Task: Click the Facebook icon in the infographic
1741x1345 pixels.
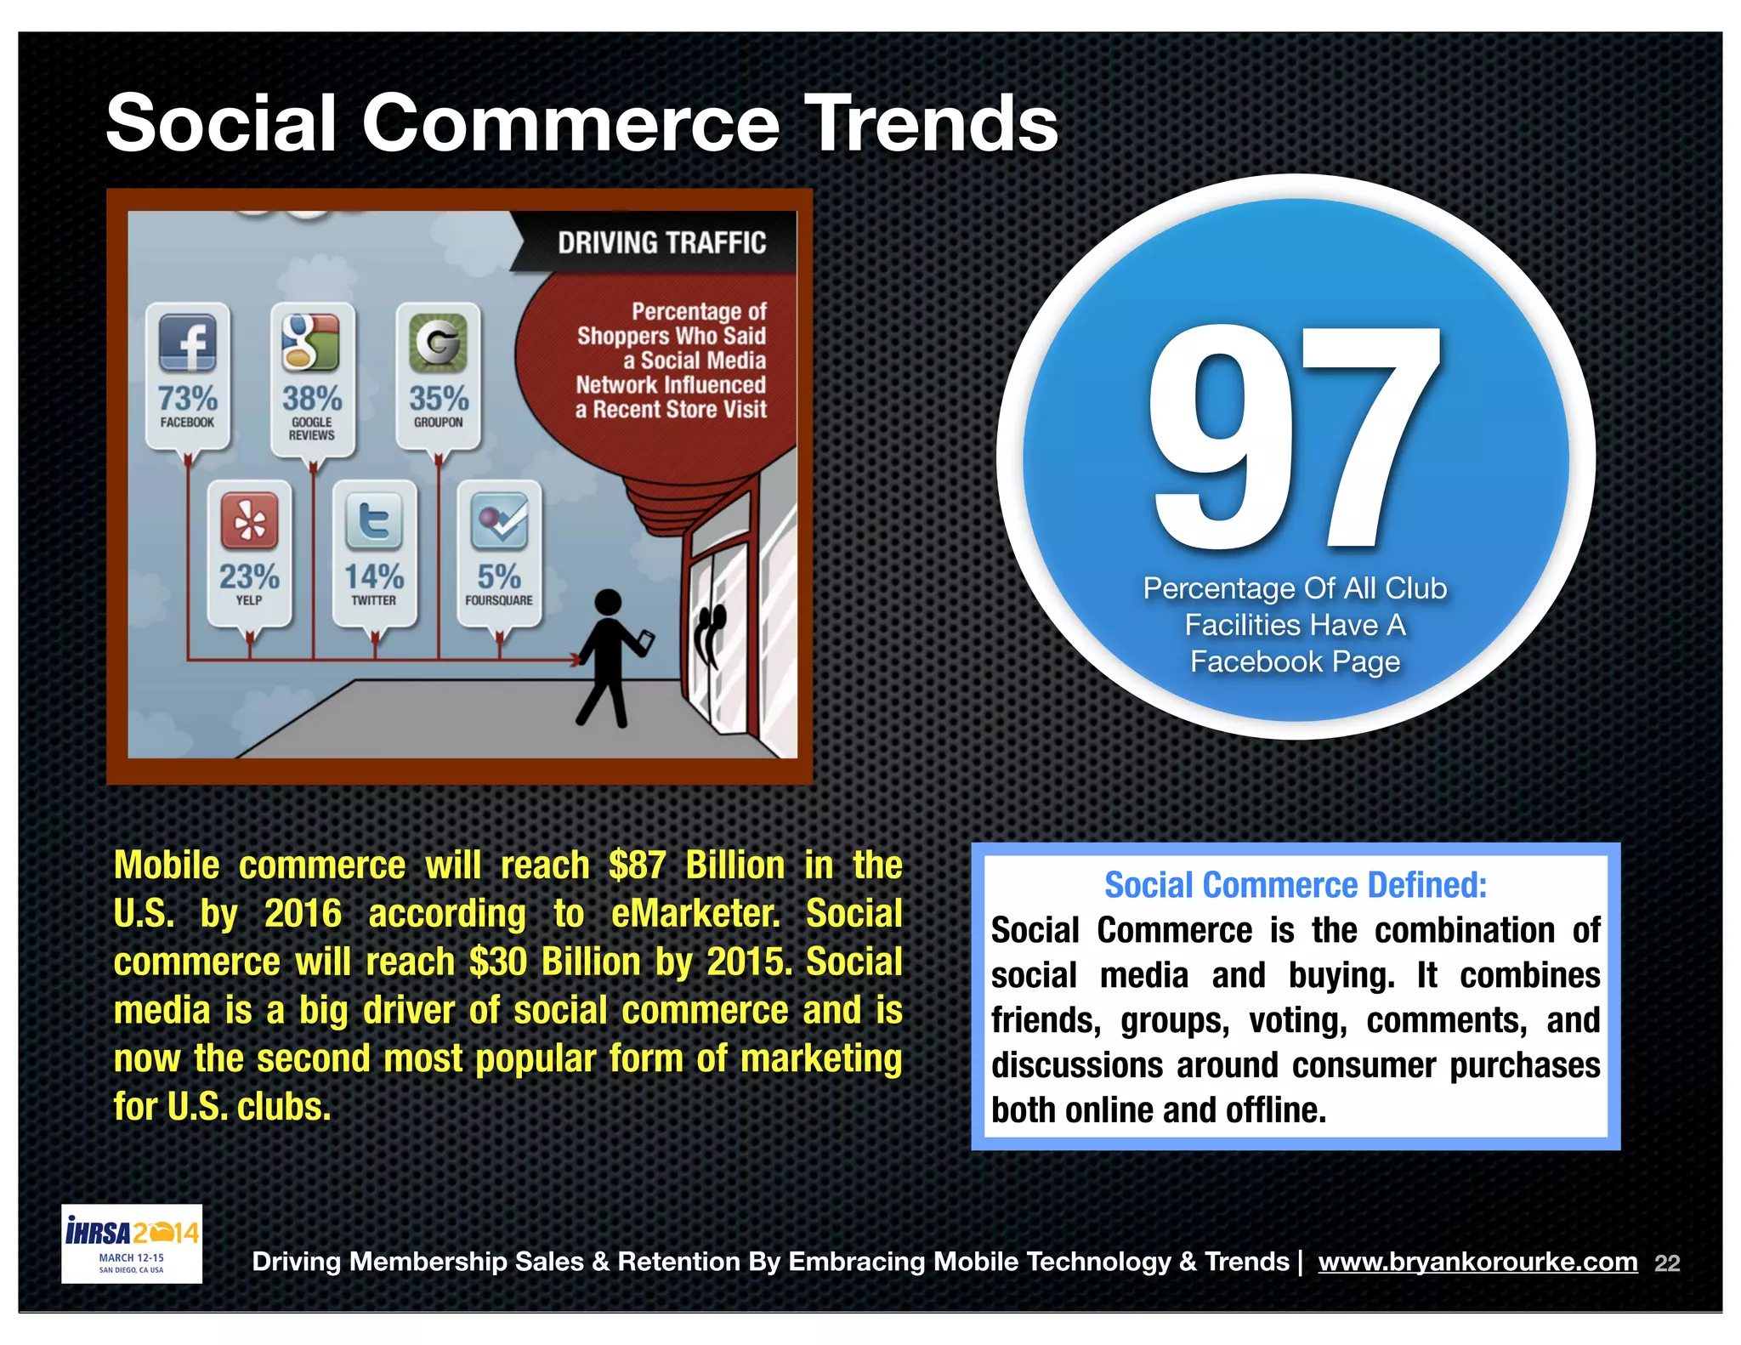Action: click(x=188, y=343)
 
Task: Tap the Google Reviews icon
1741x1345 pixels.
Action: click(x=311, y=342)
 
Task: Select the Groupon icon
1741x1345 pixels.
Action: click(x=438, y=343)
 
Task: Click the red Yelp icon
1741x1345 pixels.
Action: click(x=249, y=520)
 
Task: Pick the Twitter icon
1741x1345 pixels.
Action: click(x=374, y=520)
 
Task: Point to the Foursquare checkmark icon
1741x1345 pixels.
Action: click(x=499, y=520)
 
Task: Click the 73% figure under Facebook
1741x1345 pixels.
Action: click(x=188, y=398)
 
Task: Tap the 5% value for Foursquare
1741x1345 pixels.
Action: click(x=499, y=576)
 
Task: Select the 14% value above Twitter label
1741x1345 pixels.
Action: click(x=374, y=576)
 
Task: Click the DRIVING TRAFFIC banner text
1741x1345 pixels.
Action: click(x=661, y=243)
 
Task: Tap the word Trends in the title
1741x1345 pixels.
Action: click(x=931, y=124)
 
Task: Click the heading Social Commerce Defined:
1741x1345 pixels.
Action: click(x=1295, y=885)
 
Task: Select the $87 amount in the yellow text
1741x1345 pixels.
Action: click(x=638, y=865)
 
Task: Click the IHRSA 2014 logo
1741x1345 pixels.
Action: click(x=132, y=1243)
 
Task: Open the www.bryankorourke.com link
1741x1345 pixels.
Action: click(x=1477, y=1262)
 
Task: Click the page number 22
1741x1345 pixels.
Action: click(x=1667, y=1263)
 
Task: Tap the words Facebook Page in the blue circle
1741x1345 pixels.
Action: click(x=1294, y=661)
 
